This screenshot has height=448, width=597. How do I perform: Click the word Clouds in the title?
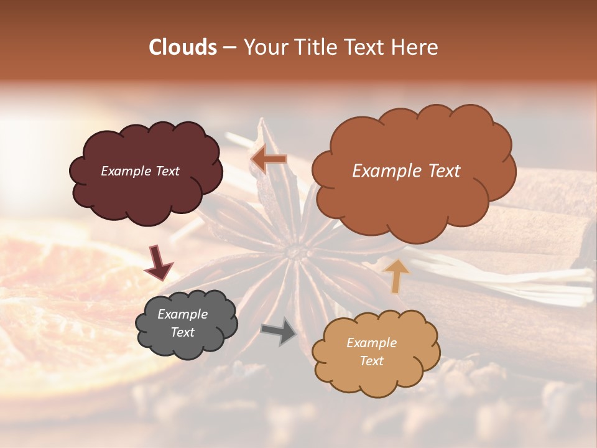click(x=183, y=47)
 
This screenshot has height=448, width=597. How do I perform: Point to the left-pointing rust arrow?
click(x=269, y=159)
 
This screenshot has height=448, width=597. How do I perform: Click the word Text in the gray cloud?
click(x=182, y=332)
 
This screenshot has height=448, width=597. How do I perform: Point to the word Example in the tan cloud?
click(x=371, y=343)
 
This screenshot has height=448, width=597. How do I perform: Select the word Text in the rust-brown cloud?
click(x=440, y=171)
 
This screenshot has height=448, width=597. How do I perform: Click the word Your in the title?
click(x=264, y=47)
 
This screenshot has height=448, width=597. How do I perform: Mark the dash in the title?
click(x=229, y=48)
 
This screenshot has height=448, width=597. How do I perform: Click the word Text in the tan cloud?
click(x=371, y=361)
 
